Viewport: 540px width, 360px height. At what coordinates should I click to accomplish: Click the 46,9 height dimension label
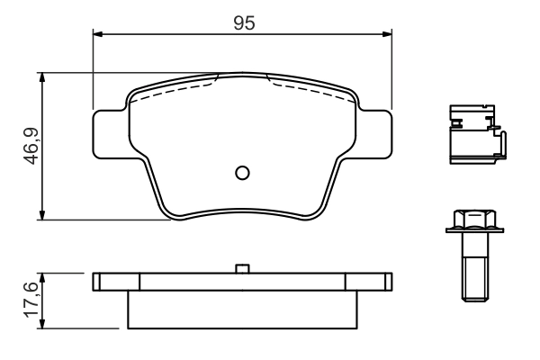[x=29, y=146]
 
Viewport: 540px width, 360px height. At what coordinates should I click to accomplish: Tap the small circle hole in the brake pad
[x=241, y=173]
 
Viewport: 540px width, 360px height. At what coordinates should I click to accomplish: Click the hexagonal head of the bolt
[x=472, y=219]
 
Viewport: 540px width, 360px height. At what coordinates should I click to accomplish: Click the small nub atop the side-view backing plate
[x=241, y=267]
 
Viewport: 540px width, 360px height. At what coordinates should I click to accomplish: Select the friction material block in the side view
[x=243, y=309]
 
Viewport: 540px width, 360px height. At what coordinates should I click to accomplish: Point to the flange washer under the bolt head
[x=472, y=232]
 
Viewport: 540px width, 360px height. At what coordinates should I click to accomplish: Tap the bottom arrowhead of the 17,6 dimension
[x=41, y=324]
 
